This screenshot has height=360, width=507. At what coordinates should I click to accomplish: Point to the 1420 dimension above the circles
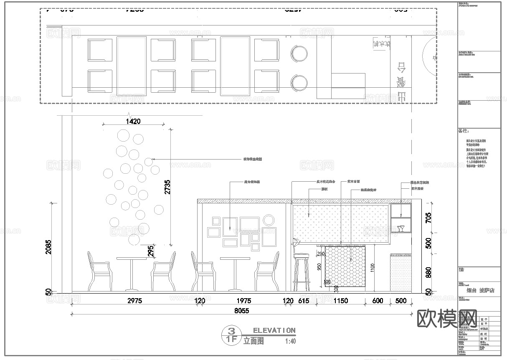[132, 121]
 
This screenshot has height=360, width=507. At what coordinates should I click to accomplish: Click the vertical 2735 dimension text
[167, 187]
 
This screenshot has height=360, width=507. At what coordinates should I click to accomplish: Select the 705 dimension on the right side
[428, 218]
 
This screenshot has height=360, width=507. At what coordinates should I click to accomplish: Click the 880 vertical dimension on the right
[428, 273]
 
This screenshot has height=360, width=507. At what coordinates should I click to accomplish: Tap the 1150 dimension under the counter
[340, 301]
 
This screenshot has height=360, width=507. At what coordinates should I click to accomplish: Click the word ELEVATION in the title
[274, 330]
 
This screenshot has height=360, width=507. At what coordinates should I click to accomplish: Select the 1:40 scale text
[290, 341]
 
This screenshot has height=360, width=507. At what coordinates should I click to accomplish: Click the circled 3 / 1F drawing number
[230, 335]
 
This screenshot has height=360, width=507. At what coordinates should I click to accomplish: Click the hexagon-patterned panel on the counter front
[345, 266]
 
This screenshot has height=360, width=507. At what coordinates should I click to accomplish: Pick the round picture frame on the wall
[269, 220]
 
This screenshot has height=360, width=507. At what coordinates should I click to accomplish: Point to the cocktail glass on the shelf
[401, 228]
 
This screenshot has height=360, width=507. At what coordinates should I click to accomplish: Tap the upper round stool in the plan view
[299, 54]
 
